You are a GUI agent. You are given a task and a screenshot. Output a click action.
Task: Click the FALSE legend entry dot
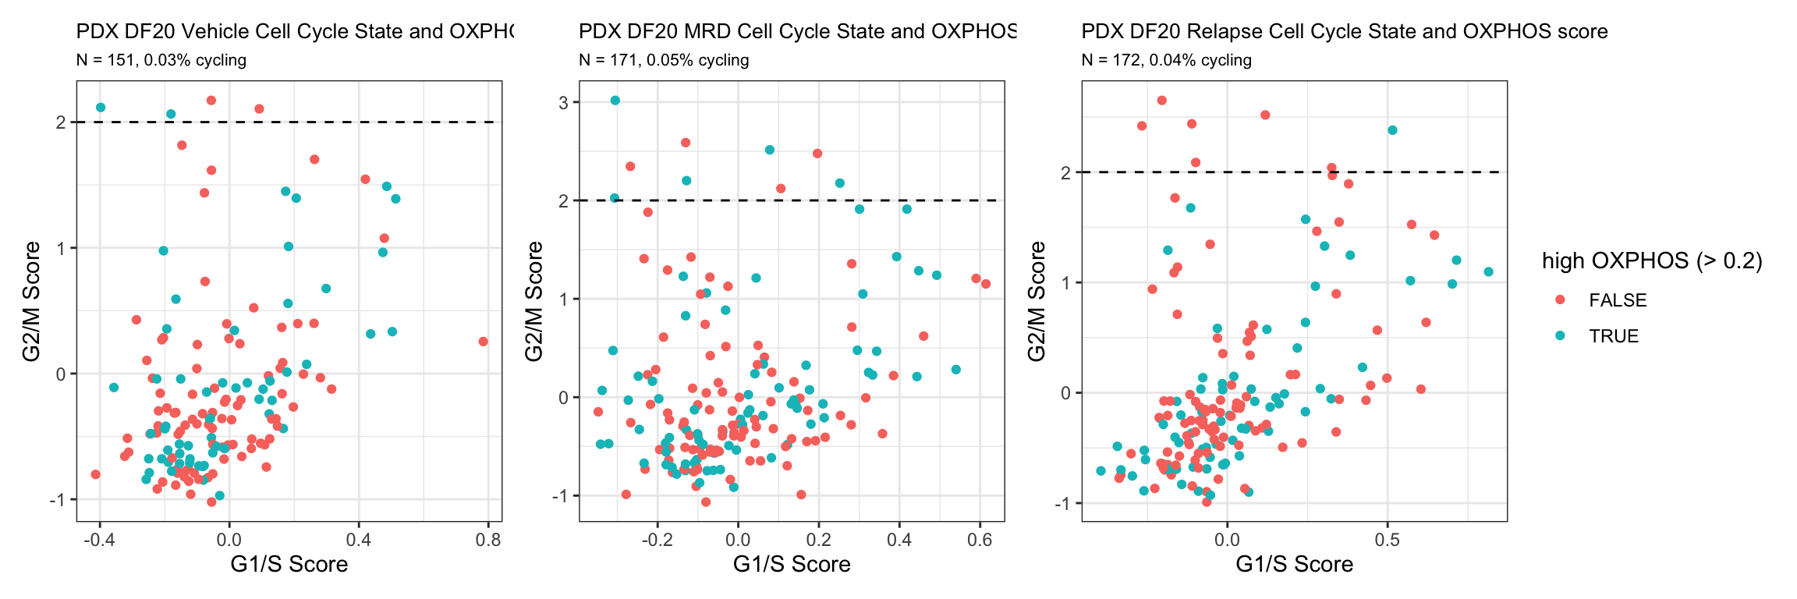1560,300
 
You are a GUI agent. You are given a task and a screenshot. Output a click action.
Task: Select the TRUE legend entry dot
1560,336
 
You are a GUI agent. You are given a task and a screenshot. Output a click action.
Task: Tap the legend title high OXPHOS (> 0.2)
1652,261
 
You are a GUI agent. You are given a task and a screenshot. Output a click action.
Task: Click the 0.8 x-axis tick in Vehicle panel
488,539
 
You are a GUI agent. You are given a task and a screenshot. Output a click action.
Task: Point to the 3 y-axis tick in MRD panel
563,102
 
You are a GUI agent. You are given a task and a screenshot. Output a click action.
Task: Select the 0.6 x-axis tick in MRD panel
980,539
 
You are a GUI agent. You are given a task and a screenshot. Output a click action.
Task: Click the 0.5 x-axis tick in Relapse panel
1387,539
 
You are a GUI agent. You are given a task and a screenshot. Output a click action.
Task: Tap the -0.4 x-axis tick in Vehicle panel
97,539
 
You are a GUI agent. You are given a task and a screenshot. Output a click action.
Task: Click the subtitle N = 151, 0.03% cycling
161,60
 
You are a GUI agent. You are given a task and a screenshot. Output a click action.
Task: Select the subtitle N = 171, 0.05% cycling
664,60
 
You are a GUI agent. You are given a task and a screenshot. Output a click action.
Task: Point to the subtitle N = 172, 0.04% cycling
1167,60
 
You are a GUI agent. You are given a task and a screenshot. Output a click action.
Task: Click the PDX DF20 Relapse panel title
1344,31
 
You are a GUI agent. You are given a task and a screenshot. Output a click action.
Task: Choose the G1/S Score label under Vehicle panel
289,564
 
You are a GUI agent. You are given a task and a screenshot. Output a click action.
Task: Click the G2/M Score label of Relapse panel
1037,301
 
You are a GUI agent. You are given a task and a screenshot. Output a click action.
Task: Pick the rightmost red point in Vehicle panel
484,342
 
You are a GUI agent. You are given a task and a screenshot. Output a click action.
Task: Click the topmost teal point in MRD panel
615,101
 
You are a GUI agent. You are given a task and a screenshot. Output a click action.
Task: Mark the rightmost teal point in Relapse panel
1488,272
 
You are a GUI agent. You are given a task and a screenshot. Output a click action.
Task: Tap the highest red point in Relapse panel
1162,101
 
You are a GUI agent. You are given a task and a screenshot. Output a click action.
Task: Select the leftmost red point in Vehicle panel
95,474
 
